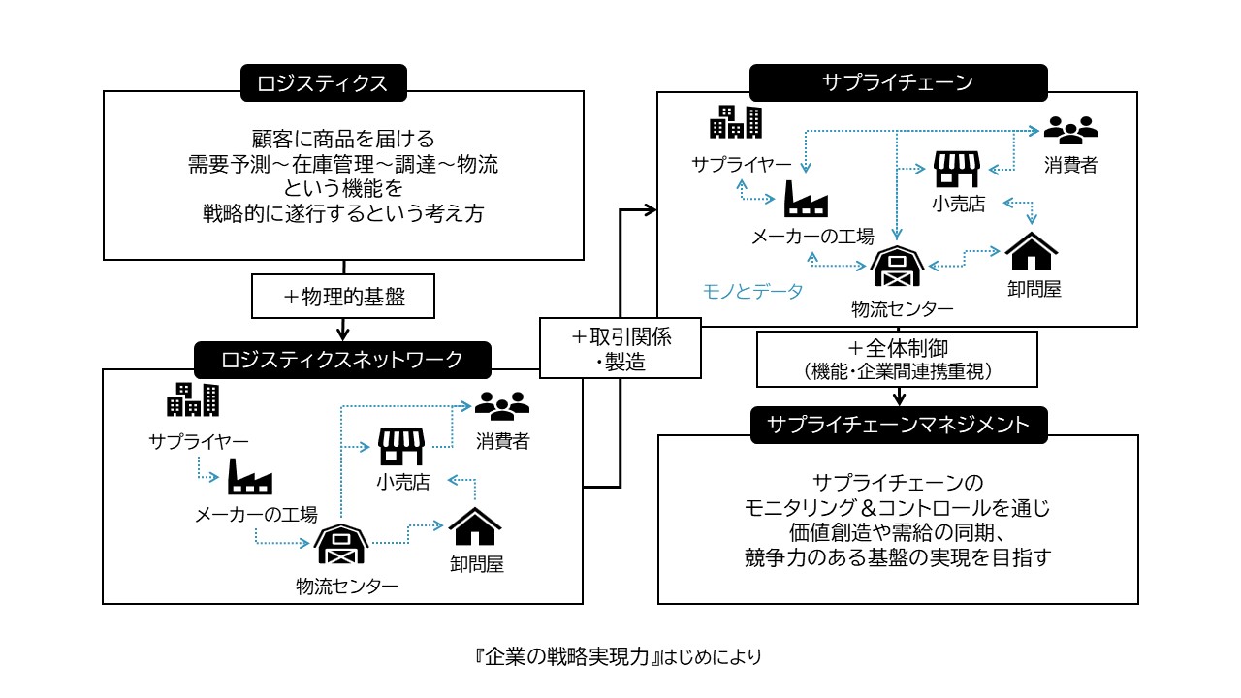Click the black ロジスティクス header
pos(323,83)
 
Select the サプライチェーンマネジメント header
pos(898,425)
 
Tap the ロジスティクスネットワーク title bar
pos(342,360)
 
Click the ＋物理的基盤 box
pos(343,297)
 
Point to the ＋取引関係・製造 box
pos(620,346)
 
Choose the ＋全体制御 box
pos(897,359)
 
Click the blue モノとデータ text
pos(753,290)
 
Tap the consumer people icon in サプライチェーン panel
pos(1070,129)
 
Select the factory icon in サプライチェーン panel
pos(806,200)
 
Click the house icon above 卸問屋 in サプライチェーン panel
pos(1031,252)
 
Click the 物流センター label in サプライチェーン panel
pos(902,309)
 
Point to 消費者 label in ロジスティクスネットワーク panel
pos(502,442)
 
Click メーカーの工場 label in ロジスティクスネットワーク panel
pos(256,516)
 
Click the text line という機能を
pos(343,189)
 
